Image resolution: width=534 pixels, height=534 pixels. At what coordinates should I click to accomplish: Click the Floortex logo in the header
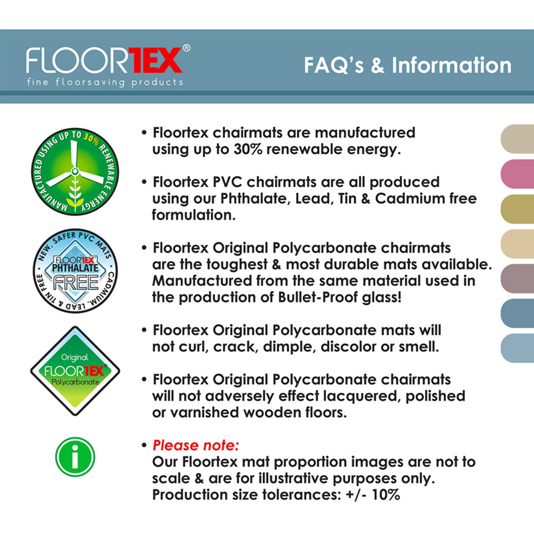point(104,60)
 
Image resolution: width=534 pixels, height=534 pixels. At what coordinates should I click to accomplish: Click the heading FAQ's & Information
point(407,65)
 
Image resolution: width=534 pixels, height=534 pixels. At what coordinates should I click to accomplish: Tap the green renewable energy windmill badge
point(75,172)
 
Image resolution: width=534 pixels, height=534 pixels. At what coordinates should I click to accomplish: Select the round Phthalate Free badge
point(75,270)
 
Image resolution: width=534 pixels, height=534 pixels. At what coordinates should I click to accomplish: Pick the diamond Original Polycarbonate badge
point(75,371)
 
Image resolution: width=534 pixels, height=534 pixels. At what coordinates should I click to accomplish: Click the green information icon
point(75,457)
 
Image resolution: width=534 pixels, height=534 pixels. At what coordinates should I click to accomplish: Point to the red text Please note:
point(195,445)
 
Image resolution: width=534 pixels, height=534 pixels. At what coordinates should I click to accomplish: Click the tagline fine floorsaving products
point(105,82)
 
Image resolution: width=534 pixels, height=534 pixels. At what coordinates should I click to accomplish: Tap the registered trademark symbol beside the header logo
point(187,48)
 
